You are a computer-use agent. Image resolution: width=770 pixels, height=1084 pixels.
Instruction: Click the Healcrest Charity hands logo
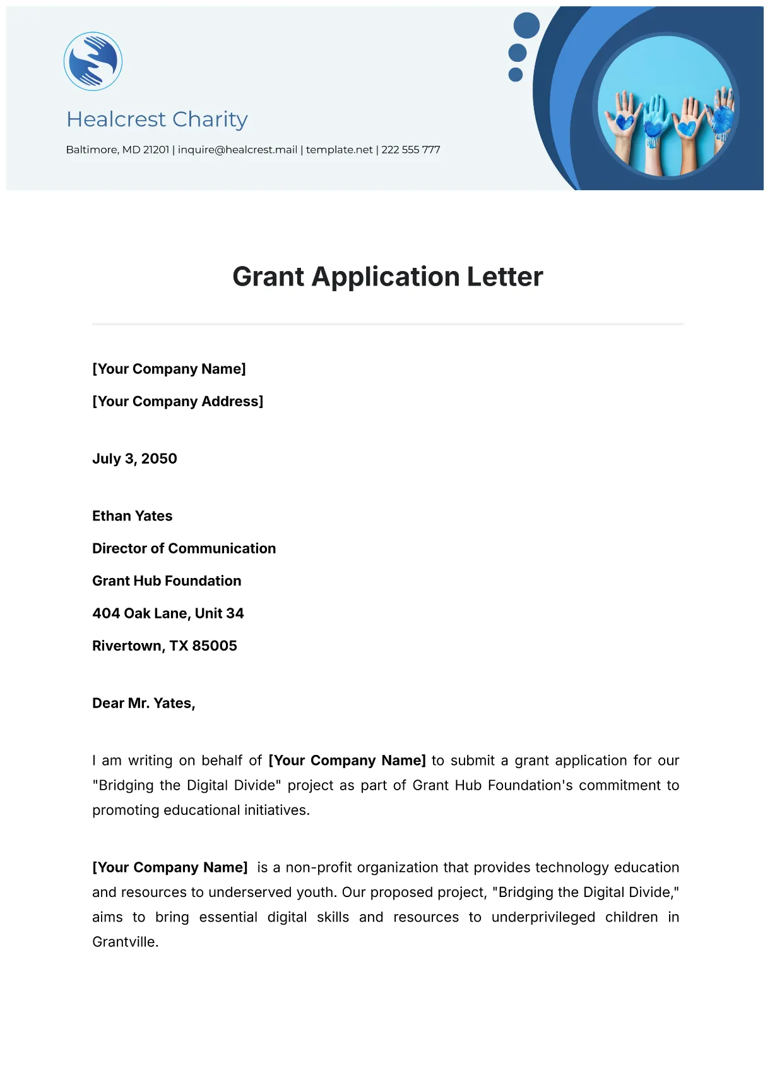93,61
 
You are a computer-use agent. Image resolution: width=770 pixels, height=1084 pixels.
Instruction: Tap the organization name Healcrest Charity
157,119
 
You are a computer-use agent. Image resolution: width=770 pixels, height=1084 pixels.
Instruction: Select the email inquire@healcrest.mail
237,150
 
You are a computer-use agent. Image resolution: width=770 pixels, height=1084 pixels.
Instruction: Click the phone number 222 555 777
410,150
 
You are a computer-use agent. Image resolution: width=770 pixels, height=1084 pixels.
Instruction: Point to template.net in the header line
339,150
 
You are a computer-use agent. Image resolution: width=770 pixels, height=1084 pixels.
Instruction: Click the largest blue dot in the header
526,25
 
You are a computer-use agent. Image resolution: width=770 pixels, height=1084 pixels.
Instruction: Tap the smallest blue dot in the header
516,75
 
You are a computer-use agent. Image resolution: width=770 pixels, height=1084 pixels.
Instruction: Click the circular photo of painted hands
667,106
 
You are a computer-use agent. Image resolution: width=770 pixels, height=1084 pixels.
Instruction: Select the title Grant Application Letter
388,277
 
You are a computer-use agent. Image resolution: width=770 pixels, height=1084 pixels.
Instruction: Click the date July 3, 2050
134,459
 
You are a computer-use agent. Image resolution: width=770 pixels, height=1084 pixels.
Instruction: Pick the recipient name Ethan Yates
132,516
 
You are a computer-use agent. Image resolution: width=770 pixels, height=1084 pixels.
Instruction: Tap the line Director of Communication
184,548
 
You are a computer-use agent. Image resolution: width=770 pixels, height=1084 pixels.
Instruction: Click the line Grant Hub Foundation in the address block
167,581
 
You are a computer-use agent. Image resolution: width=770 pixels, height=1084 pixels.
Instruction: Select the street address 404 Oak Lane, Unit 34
168,613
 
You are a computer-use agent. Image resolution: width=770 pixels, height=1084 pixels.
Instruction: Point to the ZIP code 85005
215,646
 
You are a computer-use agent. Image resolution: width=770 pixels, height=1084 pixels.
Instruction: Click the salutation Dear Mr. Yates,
143,703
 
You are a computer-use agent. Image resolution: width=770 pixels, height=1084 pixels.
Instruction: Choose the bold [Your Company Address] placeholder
177,401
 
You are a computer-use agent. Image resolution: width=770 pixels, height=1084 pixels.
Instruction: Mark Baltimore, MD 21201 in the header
117,150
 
